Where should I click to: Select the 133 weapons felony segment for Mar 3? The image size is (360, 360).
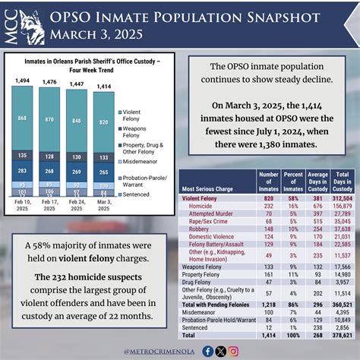[101, 156]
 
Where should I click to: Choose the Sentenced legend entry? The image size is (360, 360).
[137, 204]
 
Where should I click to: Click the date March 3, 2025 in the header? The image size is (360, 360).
[88, 33]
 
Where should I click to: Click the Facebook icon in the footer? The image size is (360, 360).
[208, 351]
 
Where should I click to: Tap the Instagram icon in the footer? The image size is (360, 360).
[234, 351]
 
